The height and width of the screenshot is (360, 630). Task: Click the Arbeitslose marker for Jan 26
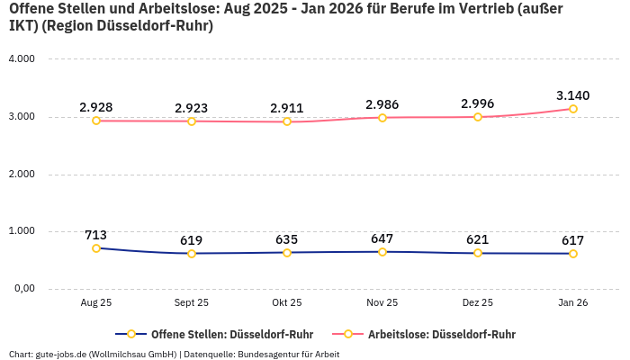click(573, 109)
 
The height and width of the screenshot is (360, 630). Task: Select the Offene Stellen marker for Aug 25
click(96, 248)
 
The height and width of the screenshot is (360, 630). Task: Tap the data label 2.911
click(287, 108)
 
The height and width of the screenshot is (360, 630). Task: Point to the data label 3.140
click(573, 95)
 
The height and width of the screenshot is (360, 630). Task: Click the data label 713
click(96, 235)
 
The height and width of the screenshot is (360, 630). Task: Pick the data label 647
click(382, 238)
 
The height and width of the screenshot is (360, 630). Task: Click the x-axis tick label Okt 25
click(287, 303)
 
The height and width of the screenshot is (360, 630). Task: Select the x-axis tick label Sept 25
click(192, 303)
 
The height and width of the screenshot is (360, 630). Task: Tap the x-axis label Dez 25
click(478, 303)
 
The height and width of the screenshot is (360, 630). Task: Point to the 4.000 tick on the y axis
click(21, 59)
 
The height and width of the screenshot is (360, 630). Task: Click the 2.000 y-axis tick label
click(21, 174)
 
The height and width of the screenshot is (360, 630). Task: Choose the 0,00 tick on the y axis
click(22, 289)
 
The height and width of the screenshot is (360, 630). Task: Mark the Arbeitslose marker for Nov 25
click(382, 118)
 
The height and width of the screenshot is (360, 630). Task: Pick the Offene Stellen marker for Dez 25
click(478, 253)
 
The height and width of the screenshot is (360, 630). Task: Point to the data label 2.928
click(96, 107)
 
